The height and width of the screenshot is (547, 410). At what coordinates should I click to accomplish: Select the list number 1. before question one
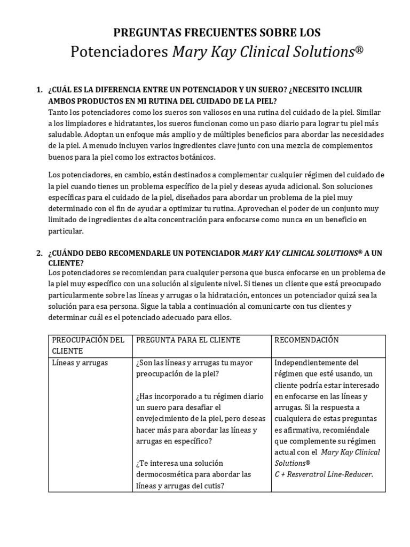click(x=40, y=90)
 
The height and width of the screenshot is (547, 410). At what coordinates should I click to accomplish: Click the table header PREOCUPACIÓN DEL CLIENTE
click(x=88, y=345)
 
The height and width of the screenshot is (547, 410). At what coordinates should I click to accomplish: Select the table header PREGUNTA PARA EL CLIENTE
click(x=188, y=340)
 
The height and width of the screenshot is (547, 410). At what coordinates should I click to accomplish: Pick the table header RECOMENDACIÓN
click(x=306, y=340)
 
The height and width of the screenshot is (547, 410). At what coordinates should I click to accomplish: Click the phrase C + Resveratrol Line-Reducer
click(x=324, y=474)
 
